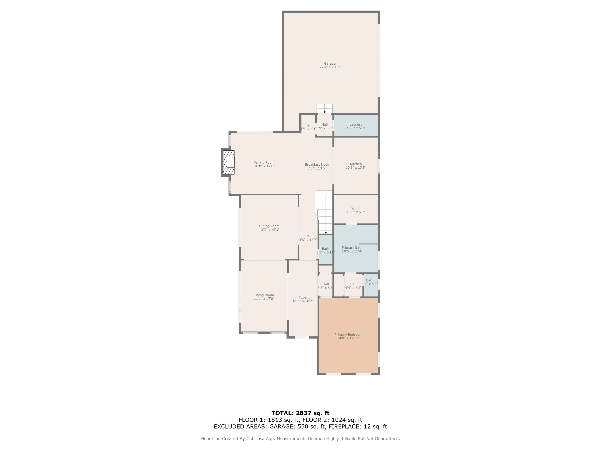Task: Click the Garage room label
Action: pos(330,64)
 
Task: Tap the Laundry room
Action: pos(356,126)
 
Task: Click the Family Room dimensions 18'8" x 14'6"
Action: pos(264,166)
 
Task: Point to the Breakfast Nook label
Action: pos(317,164)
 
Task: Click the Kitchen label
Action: pos(356,164)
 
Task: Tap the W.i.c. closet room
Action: pos(356,210)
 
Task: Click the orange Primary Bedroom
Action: pos(348,336)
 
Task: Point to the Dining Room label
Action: pos(269,226)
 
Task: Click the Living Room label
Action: pos(264,295)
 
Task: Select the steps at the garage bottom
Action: pos(324,108)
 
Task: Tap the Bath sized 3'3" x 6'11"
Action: pos(326,250)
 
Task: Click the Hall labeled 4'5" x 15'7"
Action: pos(308,238)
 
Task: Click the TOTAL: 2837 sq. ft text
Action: pos(300,413)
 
